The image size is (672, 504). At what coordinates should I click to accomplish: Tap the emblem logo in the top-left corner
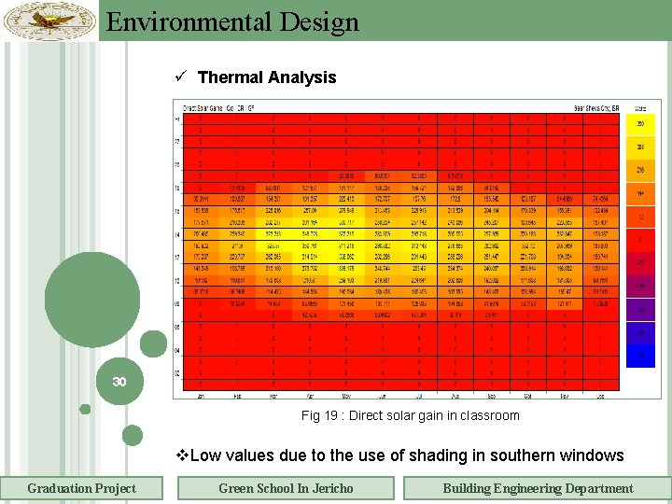coord(49,20)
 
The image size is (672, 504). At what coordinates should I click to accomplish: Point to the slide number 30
coord(119,382)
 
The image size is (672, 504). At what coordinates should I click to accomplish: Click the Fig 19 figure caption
coord(410,415)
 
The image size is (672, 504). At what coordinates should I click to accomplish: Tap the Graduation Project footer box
coord(81,488)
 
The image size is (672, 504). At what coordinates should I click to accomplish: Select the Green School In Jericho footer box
coord(286,488)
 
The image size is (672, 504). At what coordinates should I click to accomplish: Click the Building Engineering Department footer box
coord(538,488)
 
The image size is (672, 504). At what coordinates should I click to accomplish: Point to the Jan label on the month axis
coord(200,396)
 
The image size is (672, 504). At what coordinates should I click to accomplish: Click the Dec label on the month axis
coord(599,396)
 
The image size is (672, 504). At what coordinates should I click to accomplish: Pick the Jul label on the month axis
coord(417,396)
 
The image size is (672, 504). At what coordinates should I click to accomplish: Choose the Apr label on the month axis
coord(309,396)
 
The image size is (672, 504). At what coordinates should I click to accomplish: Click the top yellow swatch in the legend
coord(640,124)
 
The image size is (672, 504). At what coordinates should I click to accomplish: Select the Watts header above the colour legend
coord(640,107)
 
